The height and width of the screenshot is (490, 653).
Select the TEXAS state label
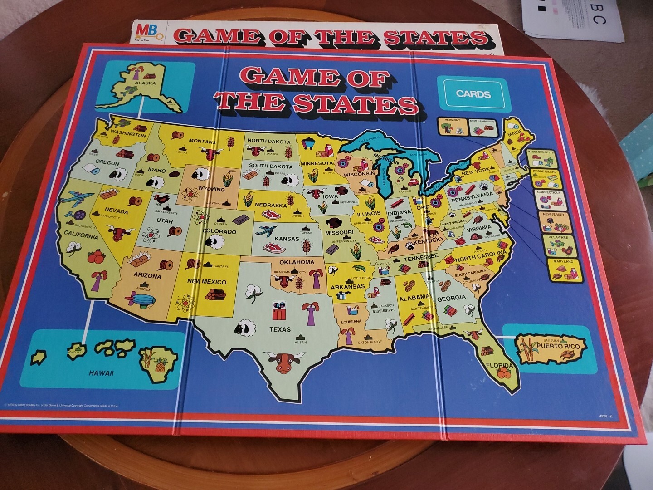(x=280, y=329)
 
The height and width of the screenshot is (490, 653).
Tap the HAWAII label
(x=101, y=373)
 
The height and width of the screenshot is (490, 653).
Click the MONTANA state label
(x=202, y=141)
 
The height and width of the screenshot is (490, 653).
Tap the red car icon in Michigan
(x=413, y=183)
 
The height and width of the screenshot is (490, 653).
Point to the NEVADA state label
(x=117, y=211)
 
